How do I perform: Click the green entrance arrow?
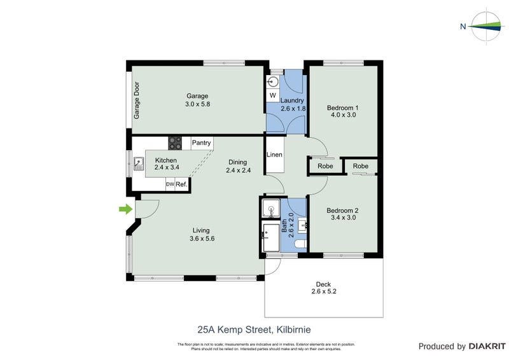tap(125, 209)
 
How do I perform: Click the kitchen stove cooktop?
tap(175, 143)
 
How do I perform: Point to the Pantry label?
tap(201, 143)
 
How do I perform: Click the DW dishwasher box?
tap(170, 184)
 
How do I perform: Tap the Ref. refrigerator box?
tap(181, 184)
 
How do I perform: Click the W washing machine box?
tap(272, 95)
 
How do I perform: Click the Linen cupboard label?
tap(275, 155)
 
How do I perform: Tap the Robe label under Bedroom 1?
tap(325, 166)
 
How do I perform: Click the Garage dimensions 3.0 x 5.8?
tap(197, 104)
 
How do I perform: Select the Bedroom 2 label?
tap(343, 211)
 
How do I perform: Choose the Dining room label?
tap(238, 162)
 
